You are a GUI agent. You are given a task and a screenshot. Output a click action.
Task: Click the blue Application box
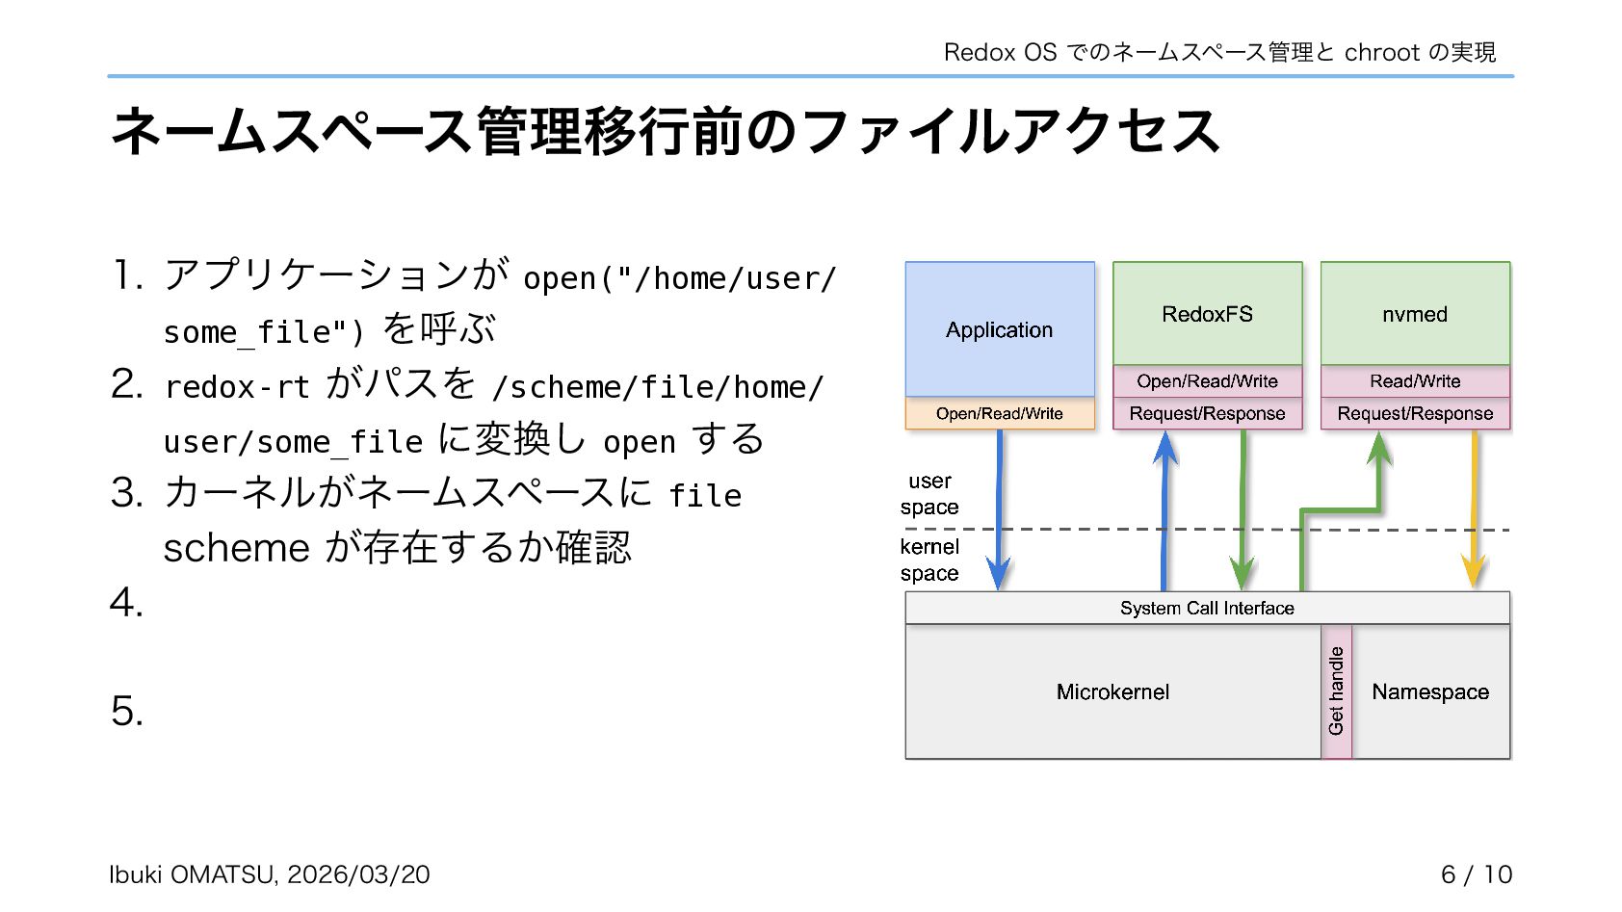(x=999, y=329)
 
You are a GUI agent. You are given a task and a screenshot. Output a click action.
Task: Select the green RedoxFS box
(x=1207, y=314)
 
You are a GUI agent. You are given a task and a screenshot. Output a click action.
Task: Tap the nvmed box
(x=1414, y=314)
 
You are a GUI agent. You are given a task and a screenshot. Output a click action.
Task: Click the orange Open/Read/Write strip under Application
(x=999, y=413)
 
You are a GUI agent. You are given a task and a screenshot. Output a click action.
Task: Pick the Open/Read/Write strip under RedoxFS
(x=1207, y=381)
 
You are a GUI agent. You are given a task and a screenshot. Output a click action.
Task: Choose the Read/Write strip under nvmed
(x=1414, y=381)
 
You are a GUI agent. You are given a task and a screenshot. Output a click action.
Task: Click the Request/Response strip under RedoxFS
(x=1207, y=413)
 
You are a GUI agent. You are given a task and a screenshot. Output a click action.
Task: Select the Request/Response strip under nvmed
(x=1414, y=413)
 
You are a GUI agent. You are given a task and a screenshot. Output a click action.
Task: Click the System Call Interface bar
(x=1207, y=608)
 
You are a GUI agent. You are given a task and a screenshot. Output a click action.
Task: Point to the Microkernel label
(x=1112, y=691)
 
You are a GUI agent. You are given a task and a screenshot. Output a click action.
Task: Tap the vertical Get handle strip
(x=1336, y=691)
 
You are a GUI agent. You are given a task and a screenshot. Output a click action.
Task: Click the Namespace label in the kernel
(x=1430, y=691)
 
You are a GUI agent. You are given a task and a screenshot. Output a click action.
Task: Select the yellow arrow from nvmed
(x=1473, y=510)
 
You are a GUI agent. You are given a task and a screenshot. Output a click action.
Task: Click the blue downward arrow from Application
(x=999, y=510)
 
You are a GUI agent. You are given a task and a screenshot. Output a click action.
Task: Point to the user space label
(x=929, y=494)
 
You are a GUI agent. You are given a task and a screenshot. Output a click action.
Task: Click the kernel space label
(x=929, y=560)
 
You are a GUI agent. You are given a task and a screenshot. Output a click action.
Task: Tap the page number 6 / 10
(x=1476, y=874)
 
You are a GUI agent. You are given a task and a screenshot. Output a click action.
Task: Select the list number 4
(x=126, y=604)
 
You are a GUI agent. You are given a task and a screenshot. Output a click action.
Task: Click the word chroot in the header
(x=1381, y=52)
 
